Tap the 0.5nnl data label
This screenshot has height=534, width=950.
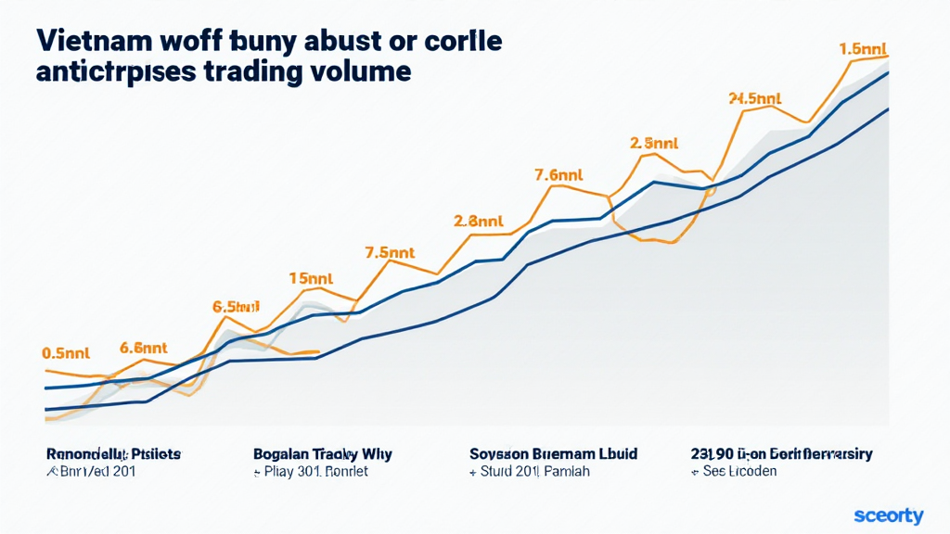tap(65, 353)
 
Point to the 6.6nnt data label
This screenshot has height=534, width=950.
tap(144, 349)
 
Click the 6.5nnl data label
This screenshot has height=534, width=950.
tap(237, 307)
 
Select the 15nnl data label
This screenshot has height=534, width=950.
tap(311, 277)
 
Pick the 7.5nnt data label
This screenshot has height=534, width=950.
tap(388, 251)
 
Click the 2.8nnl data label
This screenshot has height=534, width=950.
tap(478, 222)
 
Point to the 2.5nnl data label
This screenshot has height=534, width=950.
tap(654, 144)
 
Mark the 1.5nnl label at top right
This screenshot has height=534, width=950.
tap(863, 48)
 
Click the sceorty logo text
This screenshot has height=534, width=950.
tap(888, 515)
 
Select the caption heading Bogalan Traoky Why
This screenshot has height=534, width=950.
tap(322, 454)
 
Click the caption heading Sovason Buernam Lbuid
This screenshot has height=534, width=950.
tap(554, 454)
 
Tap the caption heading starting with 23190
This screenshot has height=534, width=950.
tap(781, 454)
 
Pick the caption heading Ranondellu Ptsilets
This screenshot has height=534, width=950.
tap(114, 454)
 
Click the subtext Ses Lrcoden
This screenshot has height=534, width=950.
tap(739, 472)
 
